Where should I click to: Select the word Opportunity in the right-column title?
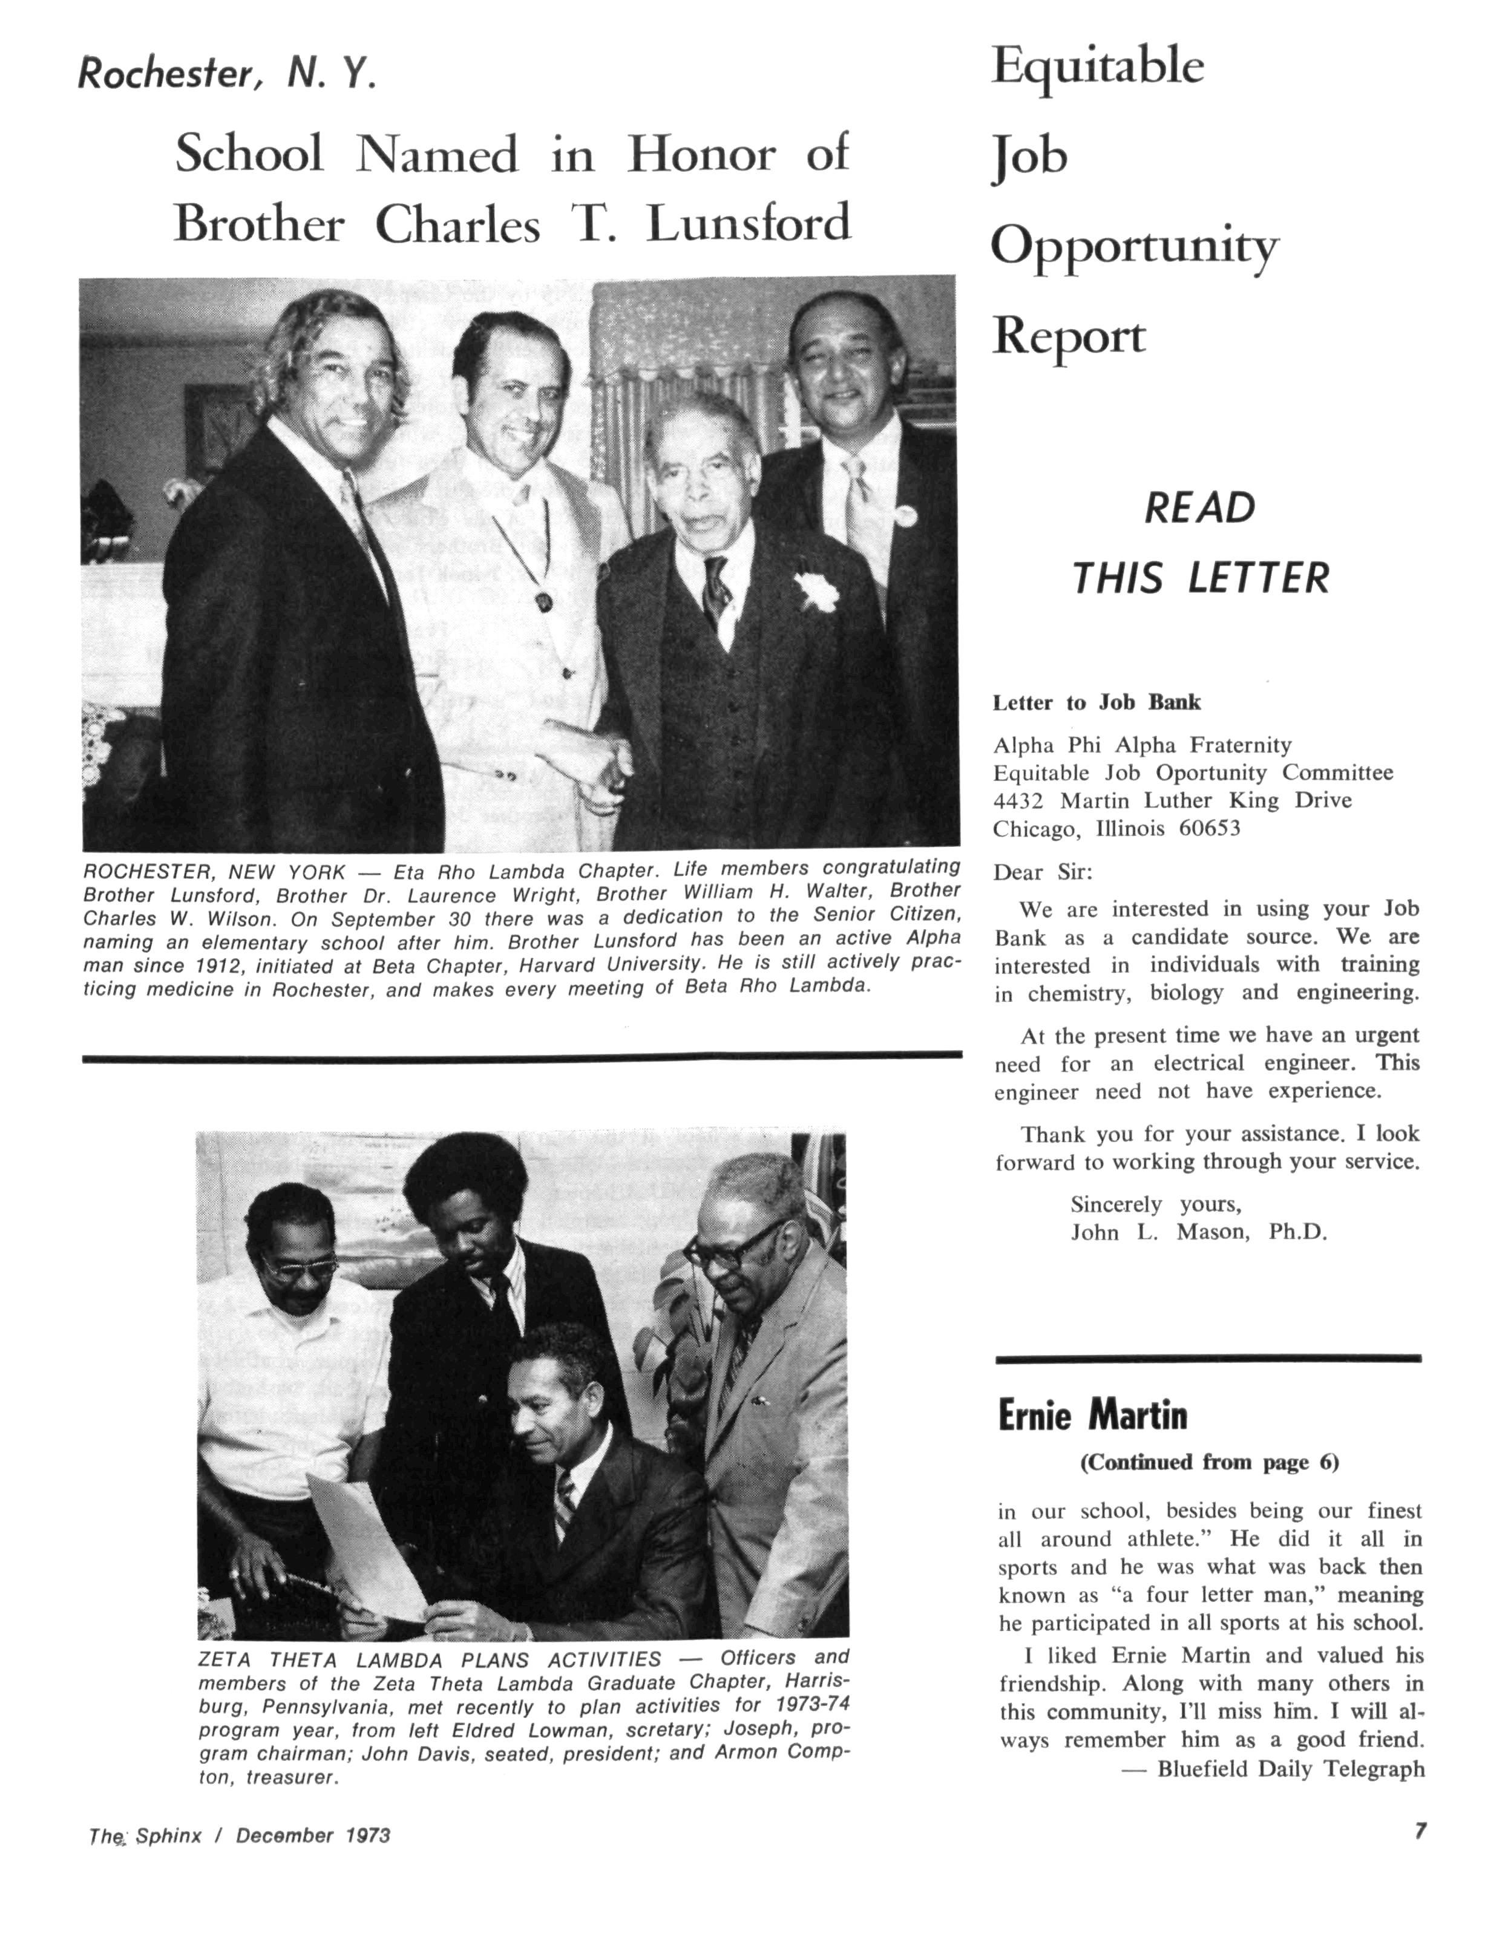pos(1134,247)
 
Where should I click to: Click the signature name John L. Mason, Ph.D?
pos(1199,1232)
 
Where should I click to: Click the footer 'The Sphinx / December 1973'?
pos(238,1835)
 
